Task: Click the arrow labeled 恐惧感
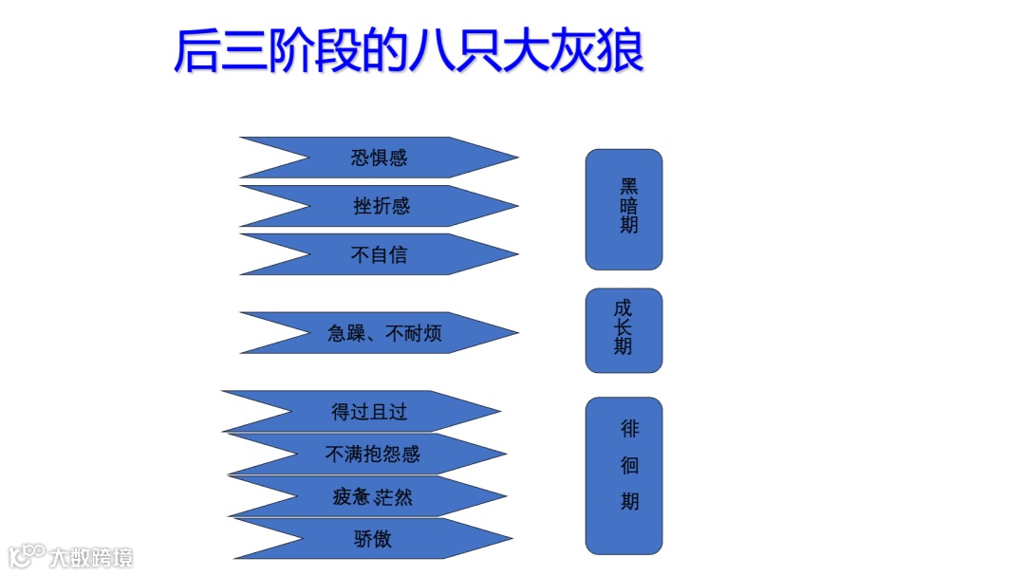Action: click(x=380, y=158)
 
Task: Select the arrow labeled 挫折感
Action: click(x=380, y=206)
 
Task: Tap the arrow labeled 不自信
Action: click(x=380, y=254)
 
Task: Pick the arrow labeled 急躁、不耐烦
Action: click(x=383, y=333)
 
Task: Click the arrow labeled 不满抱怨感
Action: click(x=372, y=455)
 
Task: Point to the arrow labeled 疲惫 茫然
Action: click(x=372, y=496)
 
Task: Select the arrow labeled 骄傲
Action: click(x=372, y=539)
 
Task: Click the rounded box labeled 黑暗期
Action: click(x=624, y=209)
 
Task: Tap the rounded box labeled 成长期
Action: click(x=624, y=330)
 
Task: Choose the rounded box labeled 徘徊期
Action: click(x=624, y=474)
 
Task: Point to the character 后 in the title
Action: click(x=196, y=52)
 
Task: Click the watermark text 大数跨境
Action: click(x=92, y=557)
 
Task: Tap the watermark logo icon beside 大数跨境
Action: click(x=28, y=555)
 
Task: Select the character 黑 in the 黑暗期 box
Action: click(x=629, y=186)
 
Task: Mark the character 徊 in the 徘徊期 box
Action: click(x=630, y=465)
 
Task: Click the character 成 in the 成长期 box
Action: click(x=623, y=308)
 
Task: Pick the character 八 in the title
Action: click(x=434, y=52)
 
